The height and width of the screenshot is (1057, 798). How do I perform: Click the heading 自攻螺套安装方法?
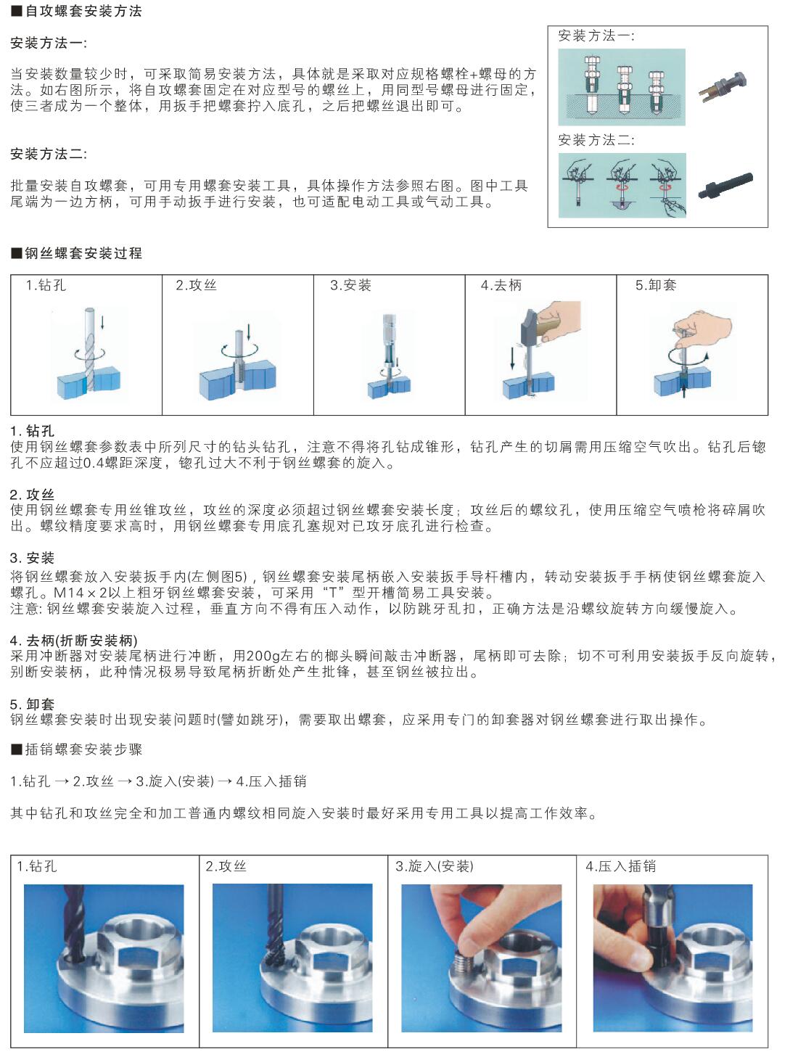click(x=83, y=11)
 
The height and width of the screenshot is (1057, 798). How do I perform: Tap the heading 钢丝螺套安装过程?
click(x=83, y=253)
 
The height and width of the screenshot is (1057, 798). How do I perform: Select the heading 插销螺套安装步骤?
click(x=83, y=749)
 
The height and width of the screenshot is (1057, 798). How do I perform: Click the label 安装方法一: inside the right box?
click(x=596, y=36)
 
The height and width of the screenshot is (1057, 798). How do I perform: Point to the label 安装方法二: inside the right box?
click(x=596, y=140)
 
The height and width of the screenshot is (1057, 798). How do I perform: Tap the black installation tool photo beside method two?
click(x=725, y=186)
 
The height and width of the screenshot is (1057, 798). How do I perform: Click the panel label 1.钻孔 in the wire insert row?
click(x=46, y=285)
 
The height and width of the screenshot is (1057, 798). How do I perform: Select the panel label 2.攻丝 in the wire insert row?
click(x=196, y=285)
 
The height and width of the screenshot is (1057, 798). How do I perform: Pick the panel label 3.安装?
click(x=350, y=285)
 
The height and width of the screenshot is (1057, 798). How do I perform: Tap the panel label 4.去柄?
click(x=501, y=285)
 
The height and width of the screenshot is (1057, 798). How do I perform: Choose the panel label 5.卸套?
click(x=656, y=285)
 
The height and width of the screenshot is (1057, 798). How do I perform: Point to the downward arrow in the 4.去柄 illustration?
click(x=512, y=358)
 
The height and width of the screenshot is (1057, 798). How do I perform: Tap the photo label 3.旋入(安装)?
click(x=435, y=866)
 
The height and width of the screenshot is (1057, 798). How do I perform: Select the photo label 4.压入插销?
click(x=621, y=866)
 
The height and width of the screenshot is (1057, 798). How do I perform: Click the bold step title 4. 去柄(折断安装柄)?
click(x=74, y=641)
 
